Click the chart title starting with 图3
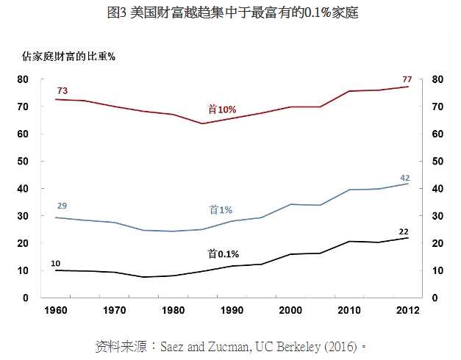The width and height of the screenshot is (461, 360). (232, 12)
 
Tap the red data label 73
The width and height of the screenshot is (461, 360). (62, 90)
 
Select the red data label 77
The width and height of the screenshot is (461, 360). (406, 79)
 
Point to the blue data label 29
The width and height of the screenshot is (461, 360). (62, 205)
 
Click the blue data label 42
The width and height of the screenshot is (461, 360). (404, 178)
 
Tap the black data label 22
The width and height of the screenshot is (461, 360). (404, 231)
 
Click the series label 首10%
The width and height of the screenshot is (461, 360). (222, 109)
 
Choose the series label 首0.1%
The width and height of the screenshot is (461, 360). (224, 253)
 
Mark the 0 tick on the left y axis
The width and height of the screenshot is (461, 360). (25, 298)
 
